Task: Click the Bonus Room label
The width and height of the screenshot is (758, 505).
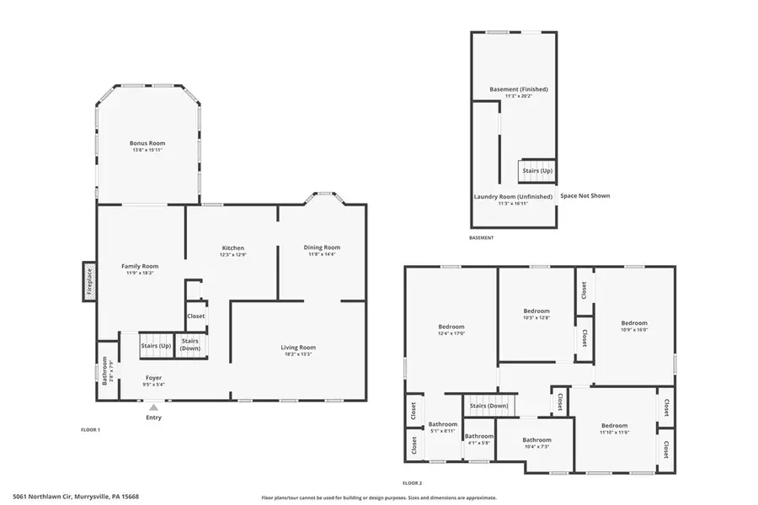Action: point(147,143)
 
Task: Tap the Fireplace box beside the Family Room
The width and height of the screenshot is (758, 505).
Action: point(88,282)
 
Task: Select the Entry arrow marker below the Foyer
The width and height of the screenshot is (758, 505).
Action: point(153,407)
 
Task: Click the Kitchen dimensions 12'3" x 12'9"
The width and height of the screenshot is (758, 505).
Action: point(233,255)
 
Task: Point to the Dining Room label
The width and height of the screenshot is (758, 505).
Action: point(322,247)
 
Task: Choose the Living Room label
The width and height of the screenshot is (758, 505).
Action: point(298,347)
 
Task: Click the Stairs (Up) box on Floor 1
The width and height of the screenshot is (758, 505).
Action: point(156,345)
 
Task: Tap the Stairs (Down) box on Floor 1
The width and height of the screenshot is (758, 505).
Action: point(191,345)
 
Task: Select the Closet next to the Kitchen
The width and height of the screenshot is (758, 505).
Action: point(195,316)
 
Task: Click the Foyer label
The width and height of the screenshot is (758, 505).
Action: point(153,378)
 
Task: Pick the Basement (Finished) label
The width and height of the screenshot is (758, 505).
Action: point(519,89)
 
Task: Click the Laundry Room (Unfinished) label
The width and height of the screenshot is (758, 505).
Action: point(513,196)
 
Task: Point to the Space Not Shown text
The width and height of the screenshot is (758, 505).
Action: point(585,196)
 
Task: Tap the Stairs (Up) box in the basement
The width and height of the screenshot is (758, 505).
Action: point(537,171)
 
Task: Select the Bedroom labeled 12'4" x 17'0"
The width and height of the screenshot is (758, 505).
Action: point(451,327)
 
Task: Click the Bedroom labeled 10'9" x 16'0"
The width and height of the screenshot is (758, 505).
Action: point(634,323)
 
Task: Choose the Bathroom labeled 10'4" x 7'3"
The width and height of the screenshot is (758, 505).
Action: point(536,439)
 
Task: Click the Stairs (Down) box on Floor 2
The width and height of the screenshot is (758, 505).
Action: point(489,406)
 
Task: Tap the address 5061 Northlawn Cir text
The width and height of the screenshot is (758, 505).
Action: point(76,497)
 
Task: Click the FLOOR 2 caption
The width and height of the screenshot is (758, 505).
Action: point(412,483)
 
